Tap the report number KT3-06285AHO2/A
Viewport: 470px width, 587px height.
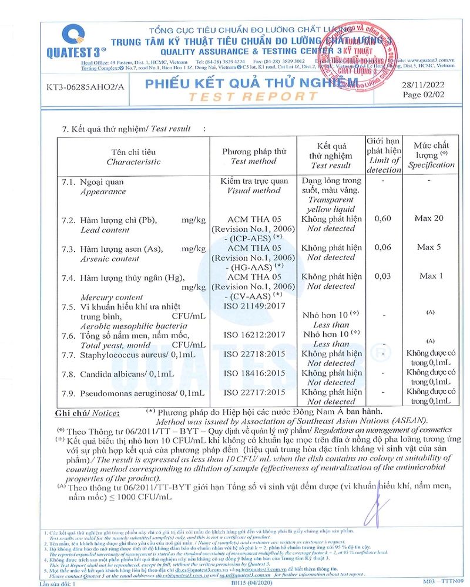86,87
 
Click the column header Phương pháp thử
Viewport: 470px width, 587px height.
254,151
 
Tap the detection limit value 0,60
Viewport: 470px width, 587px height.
383,219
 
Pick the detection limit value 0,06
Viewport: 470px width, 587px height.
383,247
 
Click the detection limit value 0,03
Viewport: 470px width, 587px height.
383,276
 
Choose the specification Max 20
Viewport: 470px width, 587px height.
429,219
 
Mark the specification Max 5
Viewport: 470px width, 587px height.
429,247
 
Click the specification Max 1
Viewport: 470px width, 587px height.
429,276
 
